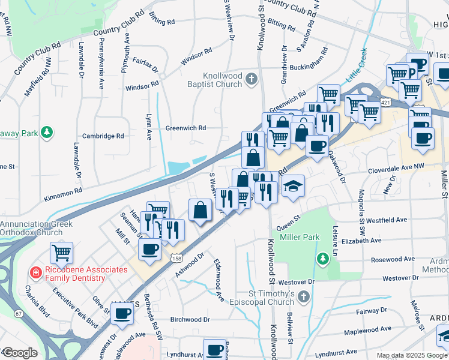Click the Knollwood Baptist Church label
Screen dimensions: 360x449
(213, 80)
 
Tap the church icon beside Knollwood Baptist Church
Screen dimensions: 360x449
(252, 79)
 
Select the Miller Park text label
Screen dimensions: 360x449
(298, 237)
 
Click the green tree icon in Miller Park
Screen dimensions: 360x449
(323, 258)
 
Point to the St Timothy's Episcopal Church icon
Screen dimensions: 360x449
(304, 297)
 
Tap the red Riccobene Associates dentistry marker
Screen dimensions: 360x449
(36, 274)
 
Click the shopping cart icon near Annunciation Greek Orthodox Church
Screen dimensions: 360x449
(62, 253)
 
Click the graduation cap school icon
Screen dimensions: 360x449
(293, 187)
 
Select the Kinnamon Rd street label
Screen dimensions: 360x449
(62, 193)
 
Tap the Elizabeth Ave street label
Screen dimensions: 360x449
(361, 241)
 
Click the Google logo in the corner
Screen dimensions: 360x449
(20, 353)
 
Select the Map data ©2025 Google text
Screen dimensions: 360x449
(411, 355)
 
